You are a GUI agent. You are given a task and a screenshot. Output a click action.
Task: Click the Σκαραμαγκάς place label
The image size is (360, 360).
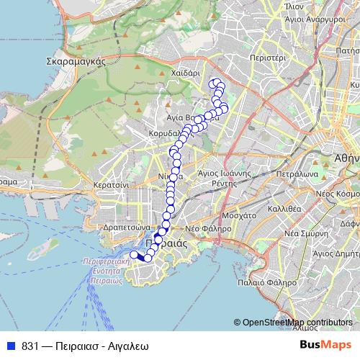(x=76, y=61)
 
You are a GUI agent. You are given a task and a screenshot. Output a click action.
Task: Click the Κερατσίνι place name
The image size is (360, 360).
(x=110, y=184)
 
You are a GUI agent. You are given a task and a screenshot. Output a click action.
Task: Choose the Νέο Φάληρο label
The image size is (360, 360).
(x=208, y=228)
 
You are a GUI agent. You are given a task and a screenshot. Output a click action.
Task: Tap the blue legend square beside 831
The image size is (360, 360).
(x=9, y=346)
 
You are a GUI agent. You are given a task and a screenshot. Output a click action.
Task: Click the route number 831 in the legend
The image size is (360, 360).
(x=30, y=346)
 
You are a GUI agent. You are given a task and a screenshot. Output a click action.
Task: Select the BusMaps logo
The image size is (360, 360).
(x=325, y=345)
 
